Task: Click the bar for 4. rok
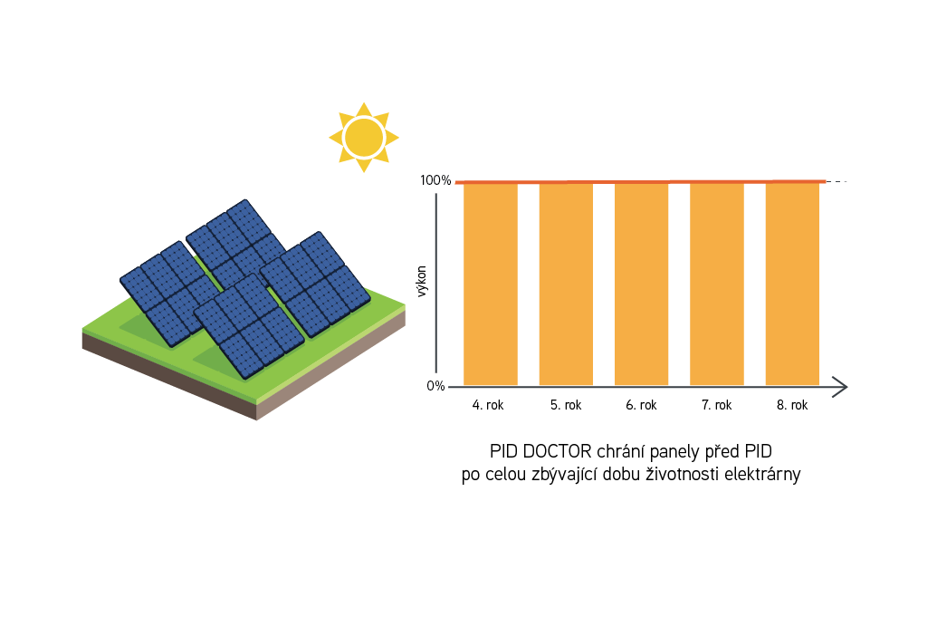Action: coord(490,284)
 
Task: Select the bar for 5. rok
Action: coord(566,284)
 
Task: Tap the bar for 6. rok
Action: coord(641,284)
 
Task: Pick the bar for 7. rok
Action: coord(716,284)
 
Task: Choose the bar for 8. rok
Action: coord(792,284)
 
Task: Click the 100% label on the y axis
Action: coord(435,180)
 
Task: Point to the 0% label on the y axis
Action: coord(435,387)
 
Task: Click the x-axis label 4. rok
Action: coord(488,406)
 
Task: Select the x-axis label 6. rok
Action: coord(641,406)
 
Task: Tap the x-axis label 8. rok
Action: coord(792,406)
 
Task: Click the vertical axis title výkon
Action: coord(422,284)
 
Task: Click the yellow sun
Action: coord(363,137)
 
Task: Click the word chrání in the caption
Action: coord(628,451)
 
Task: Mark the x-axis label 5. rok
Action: coord(566,406)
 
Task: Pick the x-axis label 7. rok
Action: coord(716,406)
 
